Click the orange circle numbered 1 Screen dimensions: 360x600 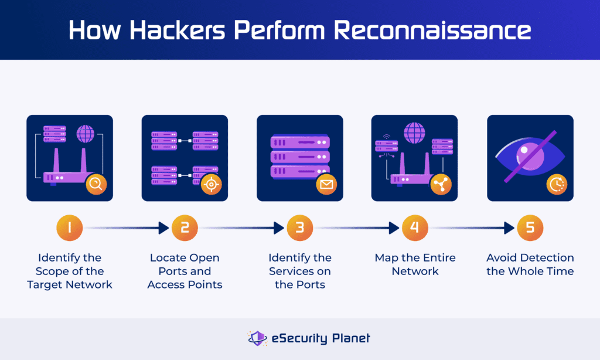pos(69,228)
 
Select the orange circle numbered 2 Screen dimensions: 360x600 pos(185,228)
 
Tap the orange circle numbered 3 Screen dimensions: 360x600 pos(299,228)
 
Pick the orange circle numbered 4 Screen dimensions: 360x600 pos(415,228)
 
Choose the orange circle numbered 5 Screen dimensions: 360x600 pos(530,228)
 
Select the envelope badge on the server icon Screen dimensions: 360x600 pos(326,185)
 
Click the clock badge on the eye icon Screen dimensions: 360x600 pos(557,185)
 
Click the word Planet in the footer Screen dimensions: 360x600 pos(352,338)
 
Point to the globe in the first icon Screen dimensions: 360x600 pos(84,134)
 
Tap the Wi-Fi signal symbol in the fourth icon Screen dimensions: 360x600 pos(387,137)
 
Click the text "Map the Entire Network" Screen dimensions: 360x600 pos(415,264)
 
